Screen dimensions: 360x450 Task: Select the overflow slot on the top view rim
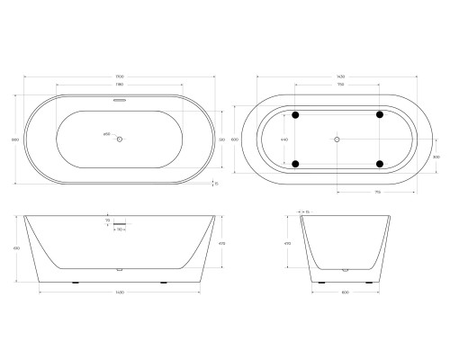(x=120, y=100)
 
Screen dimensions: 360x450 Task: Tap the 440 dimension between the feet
(x=285, y=139)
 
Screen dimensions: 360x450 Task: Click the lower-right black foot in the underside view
(x=380, y=164)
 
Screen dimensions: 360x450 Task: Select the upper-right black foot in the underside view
(x=380, y=115)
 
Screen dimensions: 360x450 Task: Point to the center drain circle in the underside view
(x=337, y=139)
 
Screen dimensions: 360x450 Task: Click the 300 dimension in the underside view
(x=435, y=155)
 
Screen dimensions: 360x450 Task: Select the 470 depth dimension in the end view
(x=288, y=243)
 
